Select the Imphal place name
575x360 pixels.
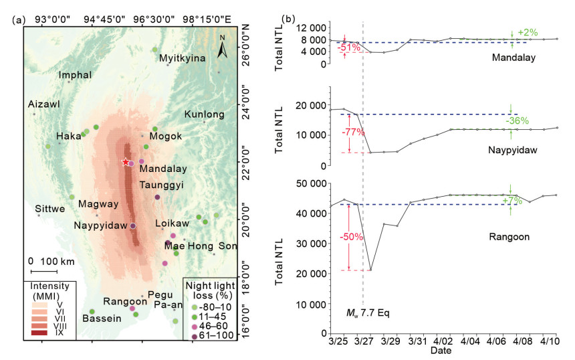pos(74,75)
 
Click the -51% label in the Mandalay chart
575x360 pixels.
pos(348,48)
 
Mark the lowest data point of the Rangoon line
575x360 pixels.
pos(370,270)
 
